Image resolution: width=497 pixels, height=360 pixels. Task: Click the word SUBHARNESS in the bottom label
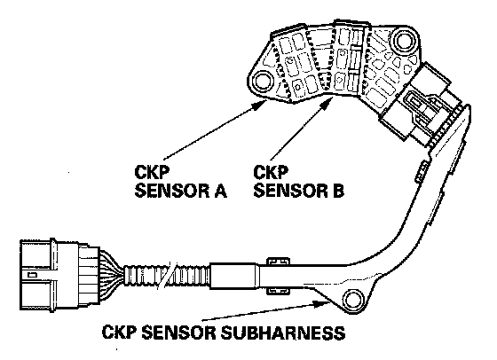[x=282, y=333]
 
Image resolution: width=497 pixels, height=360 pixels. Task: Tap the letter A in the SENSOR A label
[x=218, y=191]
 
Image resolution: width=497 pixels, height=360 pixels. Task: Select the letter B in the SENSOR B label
[x=337, y=191]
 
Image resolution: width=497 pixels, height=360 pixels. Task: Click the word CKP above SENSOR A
[x=152, y=172]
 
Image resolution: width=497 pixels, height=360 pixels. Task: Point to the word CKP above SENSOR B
[x=271, y=172]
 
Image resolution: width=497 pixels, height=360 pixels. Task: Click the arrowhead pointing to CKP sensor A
[x=261, y=105]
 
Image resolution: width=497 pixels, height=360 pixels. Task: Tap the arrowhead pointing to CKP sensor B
[x=327, y=103]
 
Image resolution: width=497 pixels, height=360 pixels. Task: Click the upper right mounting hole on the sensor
[x=403, y=40]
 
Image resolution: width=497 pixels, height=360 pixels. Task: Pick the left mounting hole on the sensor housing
[x=263, y=81]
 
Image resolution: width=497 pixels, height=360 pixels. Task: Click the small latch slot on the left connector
[x=32, y=275]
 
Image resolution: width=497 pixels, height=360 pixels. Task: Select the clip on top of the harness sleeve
[x=279, y=262]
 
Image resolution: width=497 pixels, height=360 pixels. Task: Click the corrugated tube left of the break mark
[x=143, y=275]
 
